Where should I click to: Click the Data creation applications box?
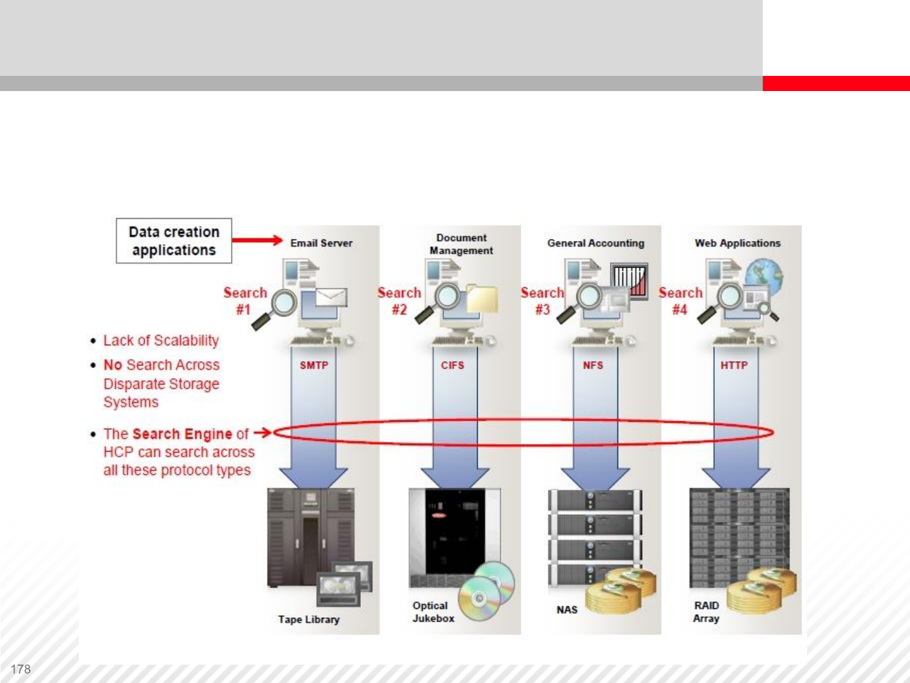click(174, 241)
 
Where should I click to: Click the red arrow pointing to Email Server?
click(257, 240)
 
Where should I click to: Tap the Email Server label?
click(321, 243)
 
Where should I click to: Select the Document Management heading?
click(461, 244)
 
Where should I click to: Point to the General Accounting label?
click(595, 243)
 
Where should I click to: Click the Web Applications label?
click(737, 243)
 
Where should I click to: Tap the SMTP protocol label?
click(313, 366)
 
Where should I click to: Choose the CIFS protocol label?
click(452, 366)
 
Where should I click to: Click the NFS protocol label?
click(593, 366)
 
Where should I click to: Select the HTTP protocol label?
click(734, 366)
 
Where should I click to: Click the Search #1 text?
click(245, 300)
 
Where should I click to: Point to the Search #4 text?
click(680, 300)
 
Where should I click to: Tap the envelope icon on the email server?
click(331, 297)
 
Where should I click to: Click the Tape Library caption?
click(308, 619)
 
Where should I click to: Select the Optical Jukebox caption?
click(433, 612)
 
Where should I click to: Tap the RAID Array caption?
click(706, 612)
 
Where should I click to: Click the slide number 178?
click(21, 669)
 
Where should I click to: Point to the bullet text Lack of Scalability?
click(161, 341)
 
